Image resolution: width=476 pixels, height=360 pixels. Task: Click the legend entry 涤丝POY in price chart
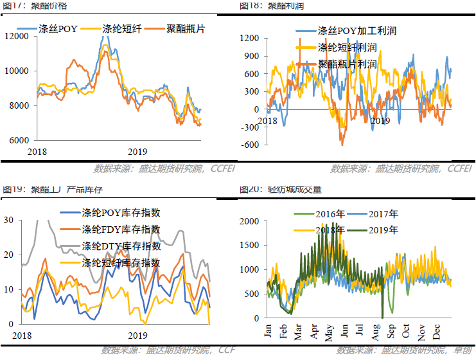(58, 30)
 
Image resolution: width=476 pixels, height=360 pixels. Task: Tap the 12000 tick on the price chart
(16, 36)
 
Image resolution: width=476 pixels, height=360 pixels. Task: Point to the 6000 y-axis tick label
(19, 140)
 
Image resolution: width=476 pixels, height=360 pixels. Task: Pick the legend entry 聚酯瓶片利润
(347, 64)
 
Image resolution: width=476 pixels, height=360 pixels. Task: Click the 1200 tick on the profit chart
(250, 39)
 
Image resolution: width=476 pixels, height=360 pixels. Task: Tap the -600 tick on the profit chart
(251, 145)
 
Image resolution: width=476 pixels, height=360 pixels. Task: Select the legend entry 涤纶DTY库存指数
(121, 246)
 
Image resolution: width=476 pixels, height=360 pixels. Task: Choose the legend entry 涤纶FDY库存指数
(121, 230)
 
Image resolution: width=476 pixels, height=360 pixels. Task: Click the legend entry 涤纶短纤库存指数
(121, 263)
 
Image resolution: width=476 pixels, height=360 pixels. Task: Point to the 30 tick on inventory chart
(8, 220)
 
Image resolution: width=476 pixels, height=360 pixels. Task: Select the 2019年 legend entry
(382, 230)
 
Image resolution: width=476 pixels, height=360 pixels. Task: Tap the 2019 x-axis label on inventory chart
(137, 336)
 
